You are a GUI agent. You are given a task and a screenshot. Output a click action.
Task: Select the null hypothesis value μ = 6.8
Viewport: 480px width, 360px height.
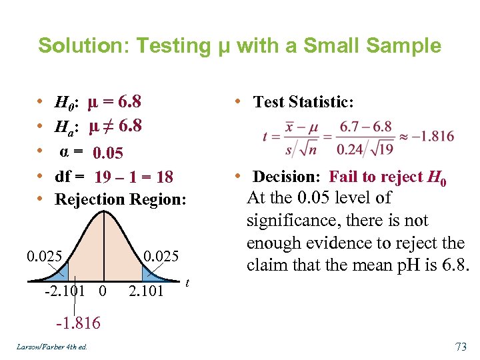(115, 102)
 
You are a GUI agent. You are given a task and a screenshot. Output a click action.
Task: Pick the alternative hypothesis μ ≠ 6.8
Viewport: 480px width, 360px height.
(115, 125)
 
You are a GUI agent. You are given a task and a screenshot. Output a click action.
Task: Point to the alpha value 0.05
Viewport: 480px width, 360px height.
(108, 153)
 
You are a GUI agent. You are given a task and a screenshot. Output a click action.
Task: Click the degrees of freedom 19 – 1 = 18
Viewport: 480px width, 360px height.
(134, 177)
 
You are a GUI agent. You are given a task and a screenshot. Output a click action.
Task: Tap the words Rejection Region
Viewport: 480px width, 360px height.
(120, 199)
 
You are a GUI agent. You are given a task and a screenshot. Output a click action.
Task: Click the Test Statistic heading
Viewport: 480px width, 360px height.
(303, 102)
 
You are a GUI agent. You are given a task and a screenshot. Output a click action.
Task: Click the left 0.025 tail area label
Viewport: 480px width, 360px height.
(45, 256)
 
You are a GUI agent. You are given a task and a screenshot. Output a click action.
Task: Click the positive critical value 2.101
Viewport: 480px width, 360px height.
(145, 291)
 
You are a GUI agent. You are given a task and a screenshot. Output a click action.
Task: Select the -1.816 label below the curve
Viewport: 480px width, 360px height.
(78, 323)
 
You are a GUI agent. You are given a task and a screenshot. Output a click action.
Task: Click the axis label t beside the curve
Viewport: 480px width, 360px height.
(187, 283)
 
